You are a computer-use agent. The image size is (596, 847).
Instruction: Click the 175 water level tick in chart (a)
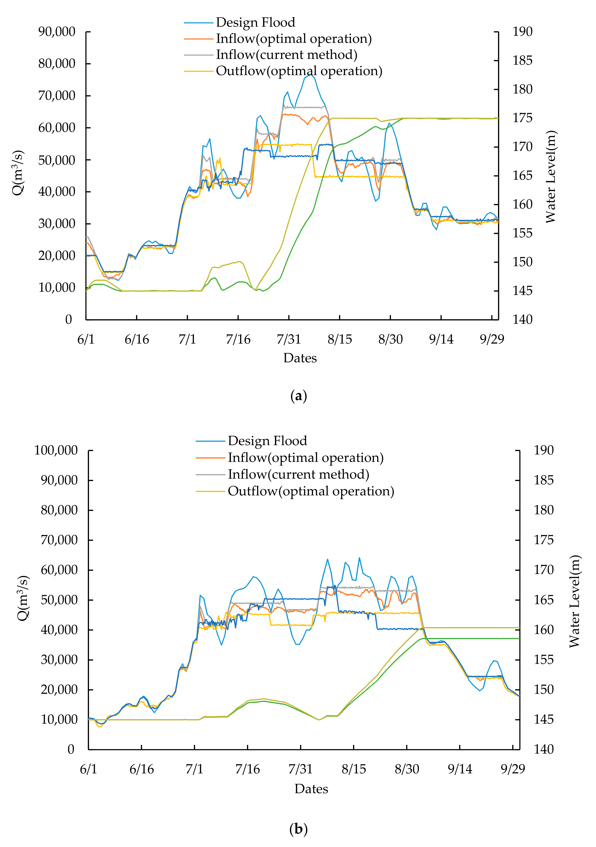pos(522,118)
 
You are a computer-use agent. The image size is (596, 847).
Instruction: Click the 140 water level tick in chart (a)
pos(522,319)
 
